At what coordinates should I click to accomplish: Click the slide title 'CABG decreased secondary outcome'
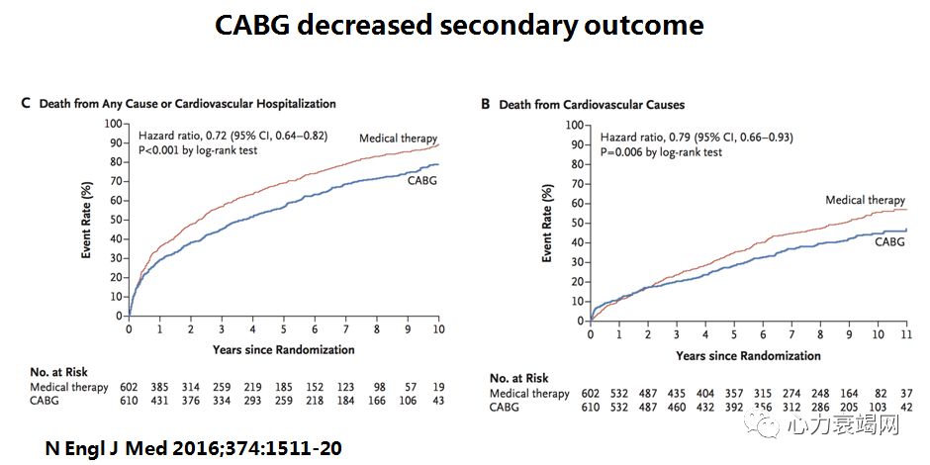459,25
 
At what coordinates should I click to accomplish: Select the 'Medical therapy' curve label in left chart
398,138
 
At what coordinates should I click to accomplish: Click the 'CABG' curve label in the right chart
887,242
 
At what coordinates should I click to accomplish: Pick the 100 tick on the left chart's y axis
113,125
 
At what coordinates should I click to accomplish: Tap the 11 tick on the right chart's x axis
906,335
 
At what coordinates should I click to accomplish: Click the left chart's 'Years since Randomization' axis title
283,349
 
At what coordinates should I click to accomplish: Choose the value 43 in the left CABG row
438,402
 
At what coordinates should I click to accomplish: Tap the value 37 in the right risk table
906,393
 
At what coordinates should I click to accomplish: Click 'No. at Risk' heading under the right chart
520,378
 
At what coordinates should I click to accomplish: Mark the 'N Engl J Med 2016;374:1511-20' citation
194,448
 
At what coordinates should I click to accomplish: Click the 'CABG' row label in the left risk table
46,402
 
